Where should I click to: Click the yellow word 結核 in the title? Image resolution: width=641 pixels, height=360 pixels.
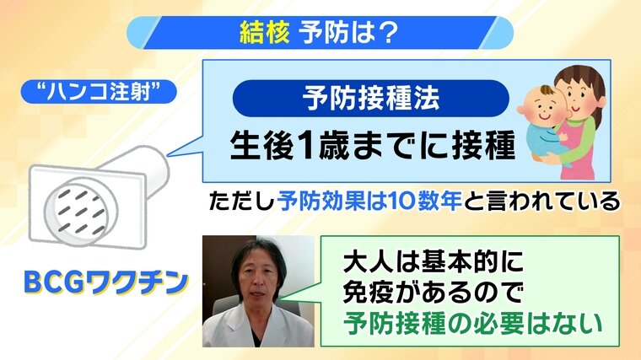[x=264, y=32]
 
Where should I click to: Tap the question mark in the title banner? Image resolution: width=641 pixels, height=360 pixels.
[x=385, y=33]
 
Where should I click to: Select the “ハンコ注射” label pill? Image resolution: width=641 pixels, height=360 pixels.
[x=99, y=92]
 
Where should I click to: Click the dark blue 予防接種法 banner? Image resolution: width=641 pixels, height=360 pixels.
[x=371, y=98]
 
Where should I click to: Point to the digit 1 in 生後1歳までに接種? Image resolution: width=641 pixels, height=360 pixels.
[x=304, y=146]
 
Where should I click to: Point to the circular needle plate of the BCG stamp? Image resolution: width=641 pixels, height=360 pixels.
[x=81, y=212]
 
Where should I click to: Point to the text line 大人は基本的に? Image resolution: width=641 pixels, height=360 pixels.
[x=434, y=261]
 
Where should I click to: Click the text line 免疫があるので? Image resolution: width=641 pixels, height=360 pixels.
[x=434, y=293]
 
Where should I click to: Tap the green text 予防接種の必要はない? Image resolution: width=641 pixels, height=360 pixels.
[x=473, y=323]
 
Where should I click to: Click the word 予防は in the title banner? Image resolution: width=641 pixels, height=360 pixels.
[x=333, y=33]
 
